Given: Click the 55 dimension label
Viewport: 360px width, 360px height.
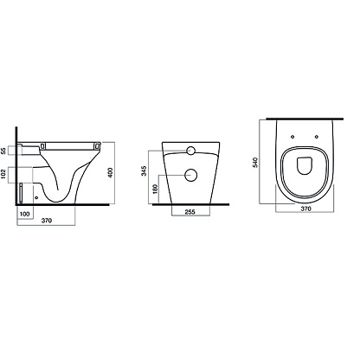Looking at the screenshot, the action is click(x=3, y=151).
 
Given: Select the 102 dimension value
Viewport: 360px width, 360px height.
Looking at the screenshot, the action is click(x=3, y=175).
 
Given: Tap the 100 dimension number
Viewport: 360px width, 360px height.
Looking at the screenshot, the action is click(x=24, y=214).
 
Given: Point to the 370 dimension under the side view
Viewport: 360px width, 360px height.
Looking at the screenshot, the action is click(x=47, y=221).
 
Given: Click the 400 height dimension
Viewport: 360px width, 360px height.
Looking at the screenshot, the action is click(x=110, y=172).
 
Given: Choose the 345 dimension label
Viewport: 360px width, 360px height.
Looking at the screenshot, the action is click(x=145, y=170).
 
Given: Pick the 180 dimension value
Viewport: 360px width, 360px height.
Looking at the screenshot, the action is click(x=155, y=190).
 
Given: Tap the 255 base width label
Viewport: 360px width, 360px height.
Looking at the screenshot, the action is click(x=190, y=212).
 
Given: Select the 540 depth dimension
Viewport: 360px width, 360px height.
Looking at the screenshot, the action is click(x=255, y=162).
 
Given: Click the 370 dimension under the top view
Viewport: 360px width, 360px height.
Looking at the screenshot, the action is click(x=305, y=209).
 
